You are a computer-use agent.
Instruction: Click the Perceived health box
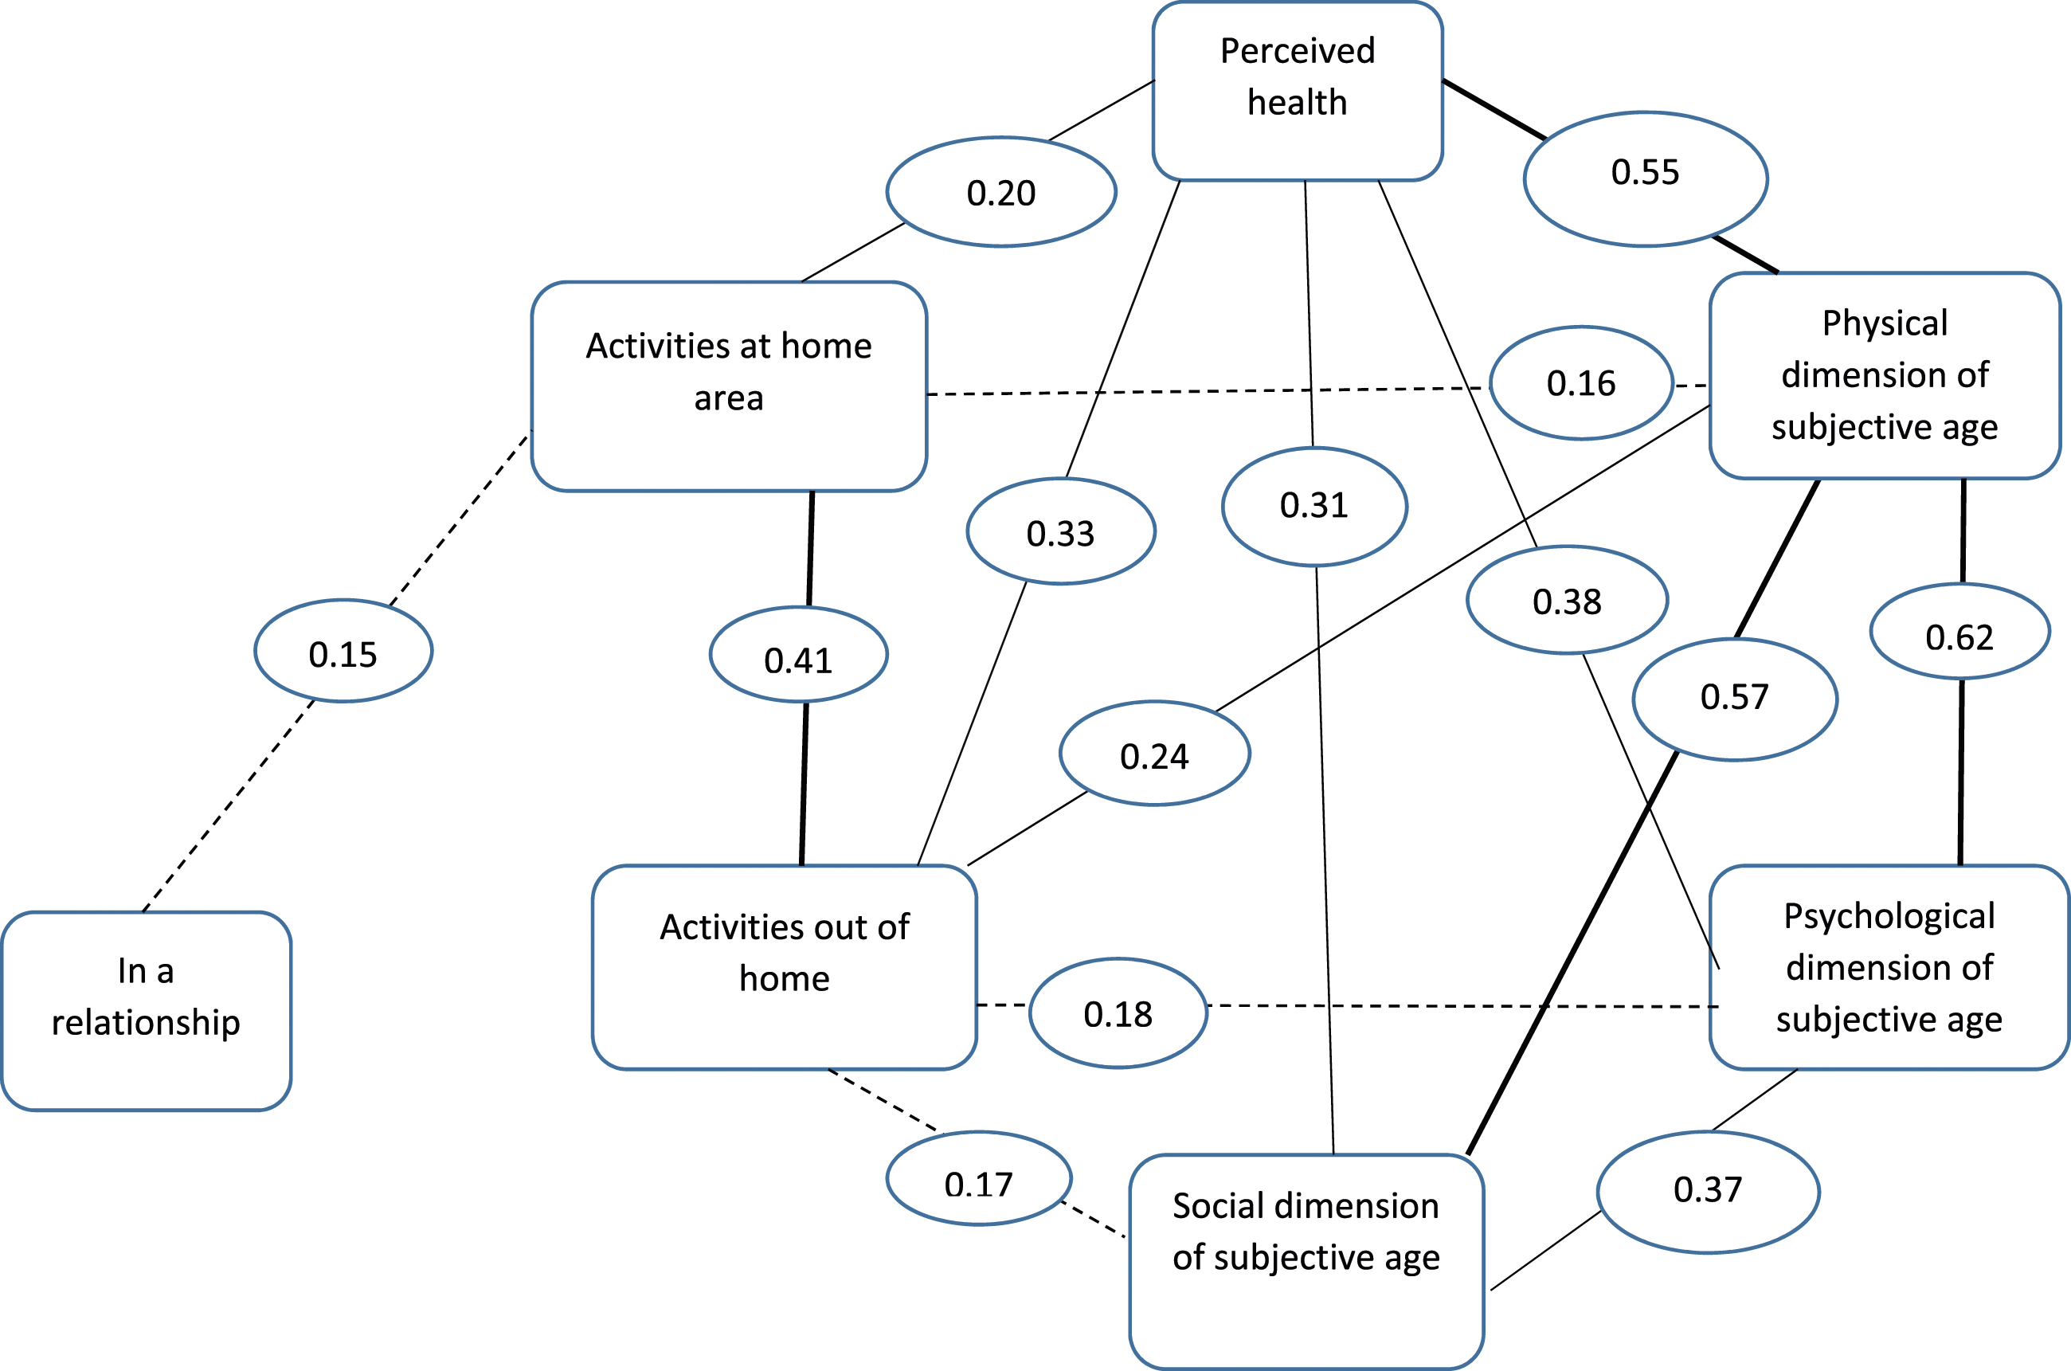click(x=1298, y=91)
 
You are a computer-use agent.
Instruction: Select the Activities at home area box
click(x=729, y=386)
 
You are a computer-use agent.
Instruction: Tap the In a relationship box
click(x=146, y=1012)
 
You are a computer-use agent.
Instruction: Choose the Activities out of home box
click(x=784, y=968)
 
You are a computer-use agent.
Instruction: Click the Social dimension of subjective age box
click(x=1306, y=1262)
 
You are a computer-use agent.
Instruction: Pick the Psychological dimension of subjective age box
click(x=1889, y=968)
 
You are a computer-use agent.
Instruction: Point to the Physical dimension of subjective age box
click(x=1885, y=376)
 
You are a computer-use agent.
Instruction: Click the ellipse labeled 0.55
click(x=1646, y=179)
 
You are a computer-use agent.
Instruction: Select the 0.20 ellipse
click(x=1001, y=192)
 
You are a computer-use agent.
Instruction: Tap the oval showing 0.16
click(x=1581, y=383)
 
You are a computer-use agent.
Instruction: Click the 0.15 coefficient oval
click(x=343, y=651)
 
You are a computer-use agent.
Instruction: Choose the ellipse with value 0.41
click(x=799, y=654)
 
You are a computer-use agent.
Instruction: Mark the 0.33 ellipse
click(x=1061, y=531)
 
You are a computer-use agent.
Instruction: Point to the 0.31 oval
click(x=1315, y=506)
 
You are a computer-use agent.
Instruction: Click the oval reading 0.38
click(x=1568, y=600)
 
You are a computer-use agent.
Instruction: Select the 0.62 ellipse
click(x=1960, y=631)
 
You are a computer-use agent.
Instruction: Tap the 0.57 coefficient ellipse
click(x=1736, y=699)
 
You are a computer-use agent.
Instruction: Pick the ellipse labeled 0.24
click(x=1155, y=753)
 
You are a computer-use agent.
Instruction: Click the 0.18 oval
click(x=1118, y=1013)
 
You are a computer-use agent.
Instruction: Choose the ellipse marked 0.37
click(x=1709, y=1193)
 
